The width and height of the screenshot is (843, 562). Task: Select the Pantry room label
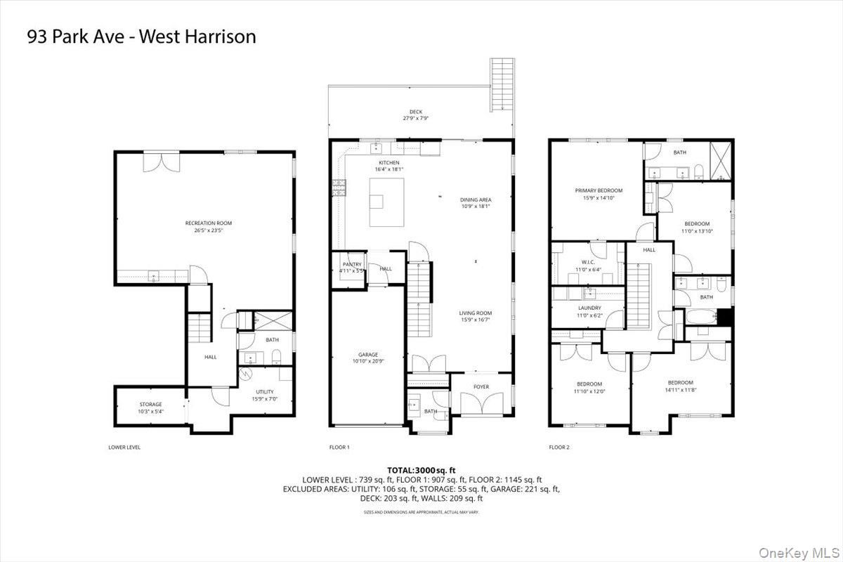point(353,264)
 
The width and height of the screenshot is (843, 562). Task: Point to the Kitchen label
point(389,163)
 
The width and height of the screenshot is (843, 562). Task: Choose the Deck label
point(417,112)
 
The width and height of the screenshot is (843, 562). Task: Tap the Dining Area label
point(476,200)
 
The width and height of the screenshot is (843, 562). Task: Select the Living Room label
point(476,313)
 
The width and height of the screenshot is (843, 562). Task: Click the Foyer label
point(481,386)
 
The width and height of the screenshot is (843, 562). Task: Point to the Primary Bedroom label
point(599,190)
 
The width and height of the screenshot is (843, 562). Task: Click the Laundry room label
point(589,308)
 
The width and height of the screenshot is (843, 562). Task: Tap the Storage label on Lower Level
point(150,404)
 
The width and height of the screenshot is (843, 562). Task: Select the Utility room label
point(265,392)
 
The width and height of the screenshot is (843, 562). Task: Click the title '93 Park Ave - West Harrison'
point(141,37)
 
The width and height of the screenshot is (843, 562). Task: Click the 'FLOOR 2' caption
point(558,447)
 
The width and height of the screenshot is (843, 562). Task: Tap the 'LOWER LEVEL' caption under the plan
point(124,447)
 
